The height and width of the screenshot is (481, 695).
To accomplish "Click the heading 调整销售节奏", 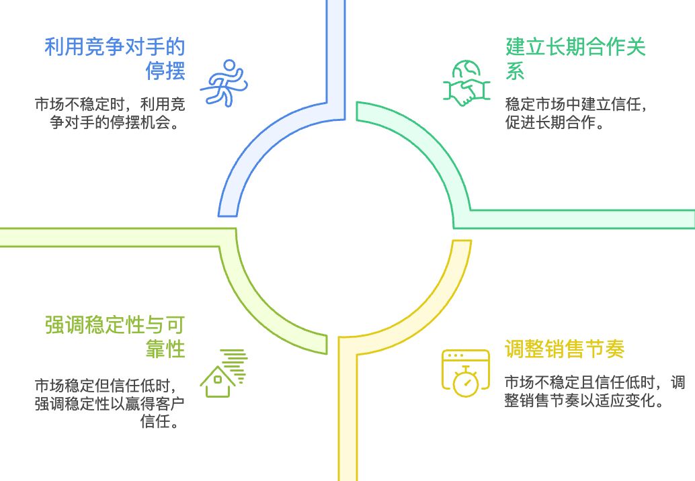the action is pyautogui.click(x=565, y=349).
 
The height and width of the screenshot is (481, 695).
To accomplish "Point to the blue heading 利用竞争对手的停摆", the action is pyautogui.click(x=115, y=58).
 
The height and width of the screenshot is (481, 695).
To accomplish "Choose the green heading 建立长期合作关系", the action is pyautogui.click(x=575, y=58).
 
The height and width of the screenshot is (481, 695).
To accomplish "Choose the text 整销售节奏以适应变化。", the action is pyautogui.click(x=585, y=402).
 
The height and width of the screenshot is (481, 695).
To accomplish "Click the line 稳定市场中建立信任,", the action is pyautogui.click(x=575, y=105).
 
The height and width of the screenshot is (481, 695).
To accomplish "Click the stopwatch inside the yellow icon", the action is pyautogui.click(x=465, y=382).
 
